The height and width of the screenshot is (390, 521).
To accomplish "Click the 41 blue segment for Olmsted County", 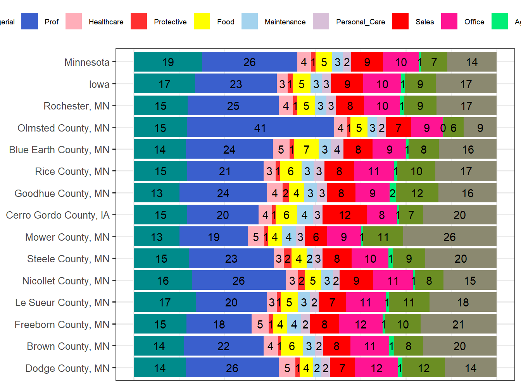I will pyautogui.click(x=260, y=128).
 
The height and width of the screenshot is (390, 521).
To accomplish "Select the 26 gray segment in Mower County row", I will pyautogui.click(x=450, y=237).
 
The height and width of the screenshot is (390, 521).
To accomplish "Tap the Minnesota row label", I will pyautogui.click(x=87, y=62).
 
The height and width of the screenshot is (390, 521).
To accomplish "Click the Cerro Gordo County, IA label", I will pyautogui.click(x=58, y=215).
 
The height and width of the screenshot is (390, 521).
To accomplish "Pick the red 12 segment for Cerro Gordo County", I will pyautogui.click(x=344, y=215).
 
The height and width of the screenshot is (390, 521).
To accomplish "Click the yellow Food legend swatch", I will pyautogui.click(x=202, y=21).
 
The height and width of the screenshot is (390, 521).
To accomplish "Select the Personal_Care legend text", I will pyautogui.click(x=361, y=22).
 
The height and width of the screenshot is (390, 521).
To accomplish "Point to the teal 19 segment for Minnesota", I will pyautogui.click(x=168, y=62).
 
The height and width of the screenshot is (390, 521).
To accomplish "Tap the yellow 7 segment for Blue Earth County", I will pyautogui.click(x=306, y=150).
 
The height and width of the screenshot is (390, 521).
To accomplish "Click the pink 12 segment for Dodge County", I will pyautogui.click(x=376, y=368).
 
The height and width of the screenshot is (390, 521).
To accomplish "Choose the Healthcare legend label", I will pyautogui.click(x=106, y=22).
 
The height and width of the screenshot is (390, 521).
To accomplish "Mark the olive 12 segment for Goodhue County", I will pyautogui.click(x=417, y=193).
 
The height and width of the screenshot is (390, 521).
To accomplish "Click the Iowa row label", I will pyautogui.click(x=99, y=84).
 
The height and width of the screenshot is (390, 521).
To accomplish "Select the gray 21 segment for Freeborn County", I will pyautogui.click(x=458, y=324).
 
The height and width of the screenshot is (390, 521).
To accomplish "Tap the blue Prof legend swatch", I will pyautogui.click(x=29, y=21).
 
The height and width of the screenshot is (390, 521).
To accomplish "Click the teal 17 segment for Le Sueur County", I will pyautogui.click(x=165, y=302).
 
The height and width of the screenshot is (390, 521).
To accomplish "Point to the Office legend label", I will pyautogui.click(x=474, y=22).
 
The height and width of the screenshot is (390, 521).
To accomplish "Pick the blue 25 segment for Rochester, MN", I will pyautogui.click(x=233, y=106).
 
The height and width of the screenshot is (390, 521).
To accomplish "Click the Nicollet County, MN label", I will pyautogui.click(x=66, y=281).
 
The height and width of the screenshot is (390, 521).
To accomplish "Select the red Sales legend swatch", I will pyautogui.click(x=400, y=21).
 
